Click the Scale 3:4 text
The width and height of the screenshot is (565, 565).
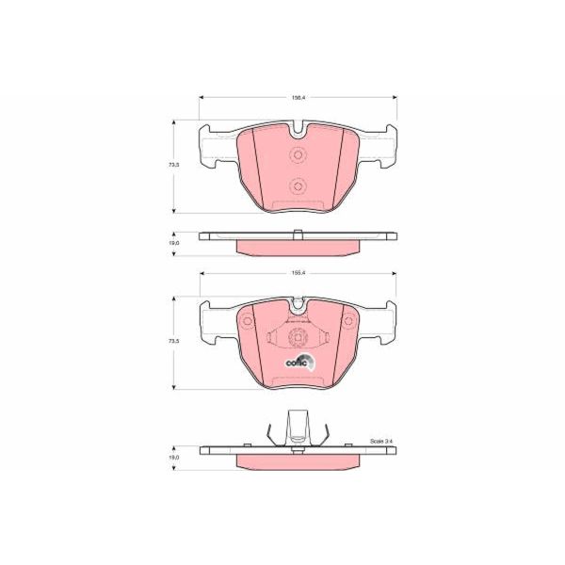[x=381, y=441]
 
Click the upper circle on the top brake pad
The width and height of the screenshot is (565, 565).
[x=298, y=156]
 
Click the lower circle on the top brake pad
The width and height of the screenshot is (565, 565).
[x=298, y=186]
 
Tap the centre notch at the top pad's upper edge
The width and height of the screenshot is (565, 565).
[x=298, y=129]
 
